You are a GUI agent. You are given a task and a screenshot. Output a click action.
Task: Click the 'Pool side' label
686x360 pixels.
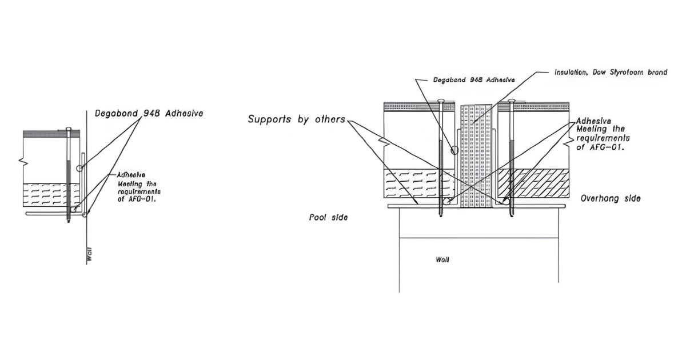[329, 217]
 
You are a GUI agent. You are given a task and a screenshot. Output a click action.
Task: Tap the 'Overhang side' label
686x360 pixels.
[610, 199]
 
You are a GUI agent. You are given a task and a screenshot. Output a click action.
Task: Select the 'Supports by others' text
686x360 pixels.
[296, 119]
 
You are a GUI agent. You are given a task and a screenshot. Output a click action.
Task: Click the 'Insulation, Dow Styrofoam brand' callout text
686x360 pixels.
[611, 73]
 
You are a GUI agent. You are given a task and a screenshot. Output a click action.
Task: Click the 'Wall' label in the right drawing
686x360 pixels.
[442, 260]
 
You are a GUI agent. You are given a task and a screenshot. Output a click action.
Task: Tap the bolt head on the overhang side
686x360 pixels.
[510, 102]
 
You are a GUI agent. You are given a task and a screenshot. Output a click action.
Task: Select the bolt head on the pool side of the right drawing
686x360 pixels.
[440, 102]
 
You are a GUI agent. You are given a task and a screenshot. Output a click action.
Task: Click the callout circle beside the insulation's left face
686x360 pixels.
[454, 151]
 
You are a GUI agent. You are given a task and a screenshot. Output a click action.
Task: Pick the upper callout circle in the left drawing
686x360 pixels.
[80, 168]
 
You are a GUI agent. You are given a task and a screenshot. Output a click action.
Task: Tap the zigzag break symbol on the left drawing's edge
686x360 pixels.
[23, 161]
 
